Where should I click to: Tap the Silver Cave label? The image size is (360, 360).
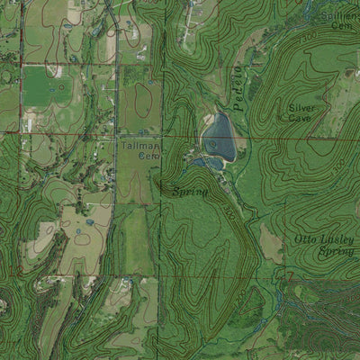pos(301,112)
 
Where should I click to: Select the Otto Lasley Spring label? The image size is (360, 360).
pos(318,246)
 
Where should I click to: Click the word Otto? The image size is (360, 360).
pos(304,239)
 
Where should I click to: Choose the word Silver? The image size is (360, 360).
pos(301,107)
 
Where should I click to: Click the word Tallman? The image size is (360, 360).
pos(139,145)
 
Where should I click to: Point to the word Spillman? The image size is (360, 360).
pos(338,16)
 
